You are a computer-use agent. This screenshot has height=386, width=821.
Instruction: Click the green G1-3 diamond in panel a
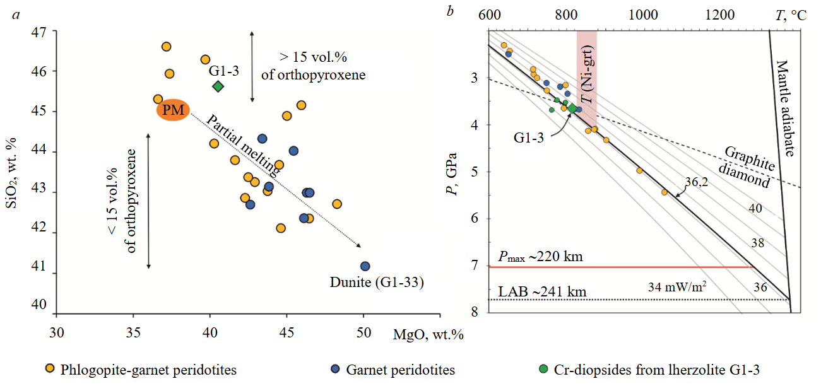pyautogui.click(x=218, y=86)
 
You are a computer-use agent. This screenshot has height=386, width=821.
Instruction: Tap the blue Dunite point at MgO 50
pyautogui.click(x=364, y=266)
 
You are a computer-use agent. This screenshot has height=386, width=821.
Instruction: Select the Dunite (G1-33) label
pyautogui.click(x=376, y=283)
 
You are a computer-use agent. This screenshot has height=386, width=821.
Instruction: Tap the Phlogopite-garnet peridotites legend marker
pyautogui.click(x=50, y=369)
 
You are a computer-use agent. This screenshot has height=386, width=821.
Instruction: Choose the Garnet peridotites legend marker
pyautogui.click(x=336, y=369)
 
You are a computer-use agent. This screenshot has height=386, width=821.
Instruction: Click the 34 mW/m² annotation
pyautogui.click(x=677, y=287)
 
